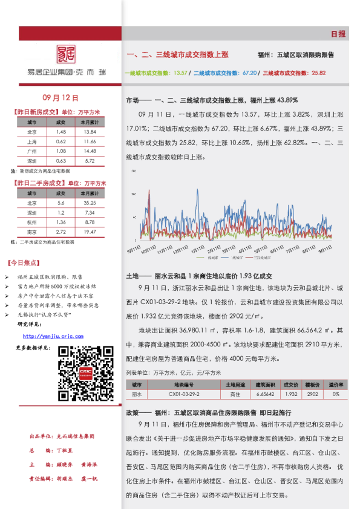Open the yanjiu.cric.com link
53,336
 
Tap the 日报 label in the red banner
338,34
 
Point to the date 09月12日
62,97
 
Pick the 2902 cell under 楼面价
313,394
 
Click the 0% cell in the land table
336,394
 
